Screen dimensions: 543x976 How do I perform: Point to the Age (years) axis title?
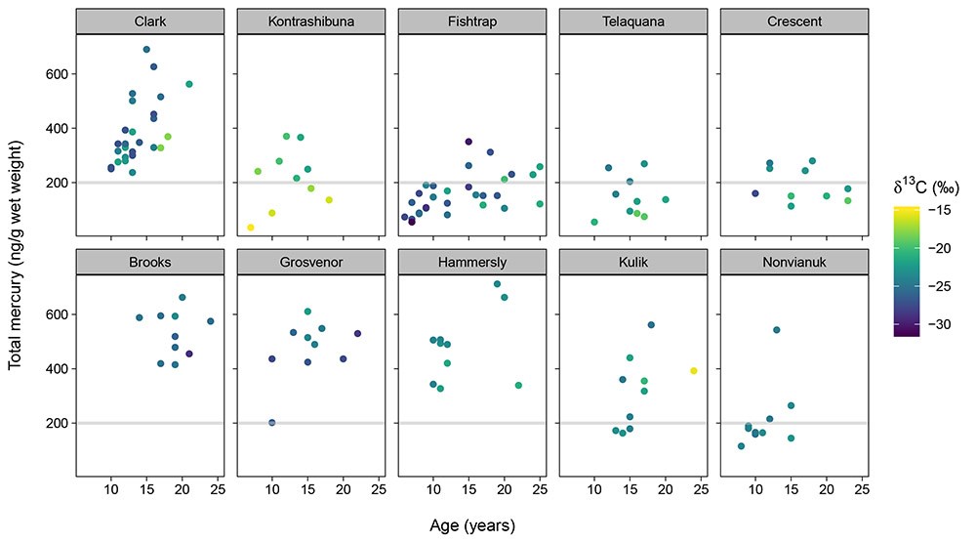pos(472,524)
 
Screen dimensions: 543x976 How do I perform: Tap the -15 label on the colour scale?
pos(942,210)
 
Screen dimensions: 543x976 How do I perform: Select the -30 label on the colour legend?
pos(942,323)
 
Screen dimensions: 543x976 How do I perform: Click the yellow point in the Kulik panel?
pos(693,371)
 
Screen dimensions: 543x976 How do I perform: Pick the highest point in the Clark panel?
pos(146,50)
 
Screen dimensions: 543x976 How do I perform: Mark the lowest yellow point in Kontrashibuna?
pos(251,228)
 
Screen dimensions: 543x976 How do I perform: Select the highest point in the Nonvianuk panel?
pos(777,330)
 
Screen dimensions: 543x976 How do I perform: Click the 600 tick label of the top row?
pos(55,74)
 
